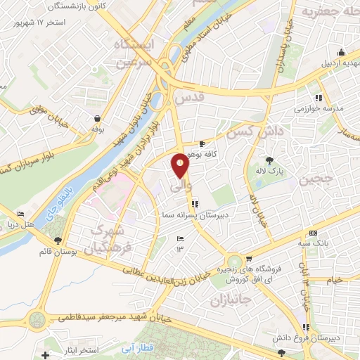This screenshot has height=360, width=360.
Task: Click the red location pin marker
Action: click(181, 166)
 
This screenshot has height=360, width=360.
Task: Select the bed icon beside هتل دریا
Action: click(21, 214)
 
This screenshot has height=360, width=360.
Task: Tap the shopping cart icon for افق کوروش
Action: click(248, 259)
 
